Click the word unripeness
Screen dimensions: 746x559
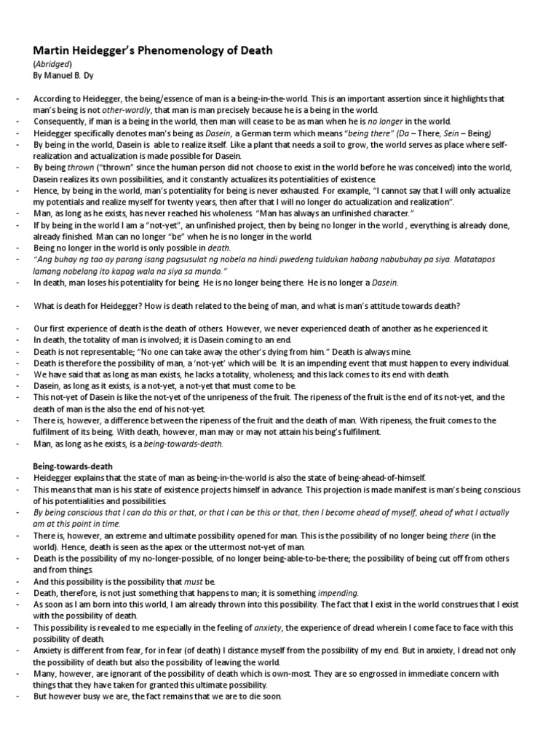pos(262,398)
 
